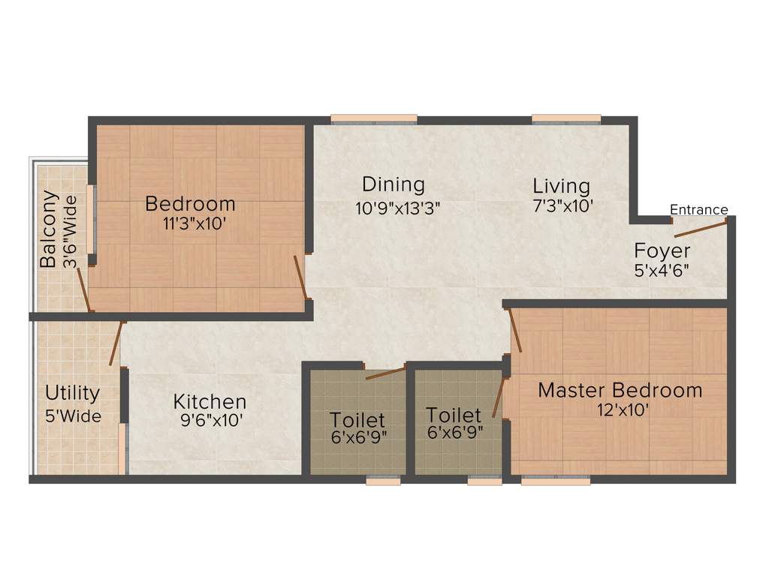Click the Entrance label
pyautogui.click(x=698, y=210)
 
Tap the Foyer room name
pyautogui.click(x=662, y=250)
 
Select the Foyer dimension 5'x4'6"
pyautogui.click(x=662, y=270)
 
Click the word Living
pyautogui.click(x=561, y=185)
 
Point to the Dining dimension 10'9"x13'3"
pyautogui.click(x=397, y=208)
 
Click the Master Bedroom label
pyautogui.click(x=620, y=390)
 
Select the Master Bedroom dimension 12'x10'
pyautogui.click(x=620, y=410)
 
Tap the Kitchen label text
pyautogui.click(x=210, y=401)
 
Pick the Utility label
pyautogui.click(x=72, y=393)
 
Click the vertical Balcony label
pyautogui.click(x=49, y=229)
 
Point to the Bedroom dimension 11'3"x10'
pyautogui.click(x=195, y=223)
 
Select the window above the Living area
pyautogui.click(x=566, y=118)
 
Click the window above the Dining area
pyautogui.click(x=373, y=118)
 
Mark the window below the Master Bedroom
pyautogui.click(x=555, y=481)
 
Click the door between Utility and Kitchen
pyautogui.click(x=115, y=343)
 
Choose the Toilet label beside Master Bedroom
pyautogui.click(x=453, y=415)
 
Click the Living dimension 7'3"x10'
pyautogui.click(x=563, y=205)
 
